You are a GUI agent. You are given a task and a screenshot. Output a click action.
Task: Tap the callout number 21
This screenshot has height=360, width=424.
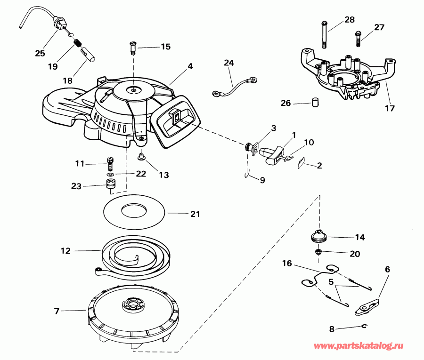[x=195, y=214]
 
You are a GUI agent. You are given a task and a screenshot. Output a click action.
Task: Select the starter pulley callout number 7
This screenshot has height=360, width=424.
[x=57, y=311]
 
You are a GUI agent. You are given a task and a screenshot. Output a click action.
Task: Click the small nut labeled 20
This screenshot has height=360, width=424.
[x=319, y=252]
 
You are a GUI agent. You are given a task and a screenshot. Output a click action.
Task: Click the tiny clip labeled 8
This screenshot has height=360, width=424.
[x=364, y=327]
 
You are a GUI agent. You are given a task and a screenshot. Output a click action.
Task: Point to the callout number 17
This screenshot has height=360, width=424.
[x=389, y=108]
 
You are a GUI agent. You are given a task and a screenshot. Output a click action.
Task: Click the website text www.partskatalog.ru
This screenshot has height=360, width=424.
[x=359, y=346]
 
